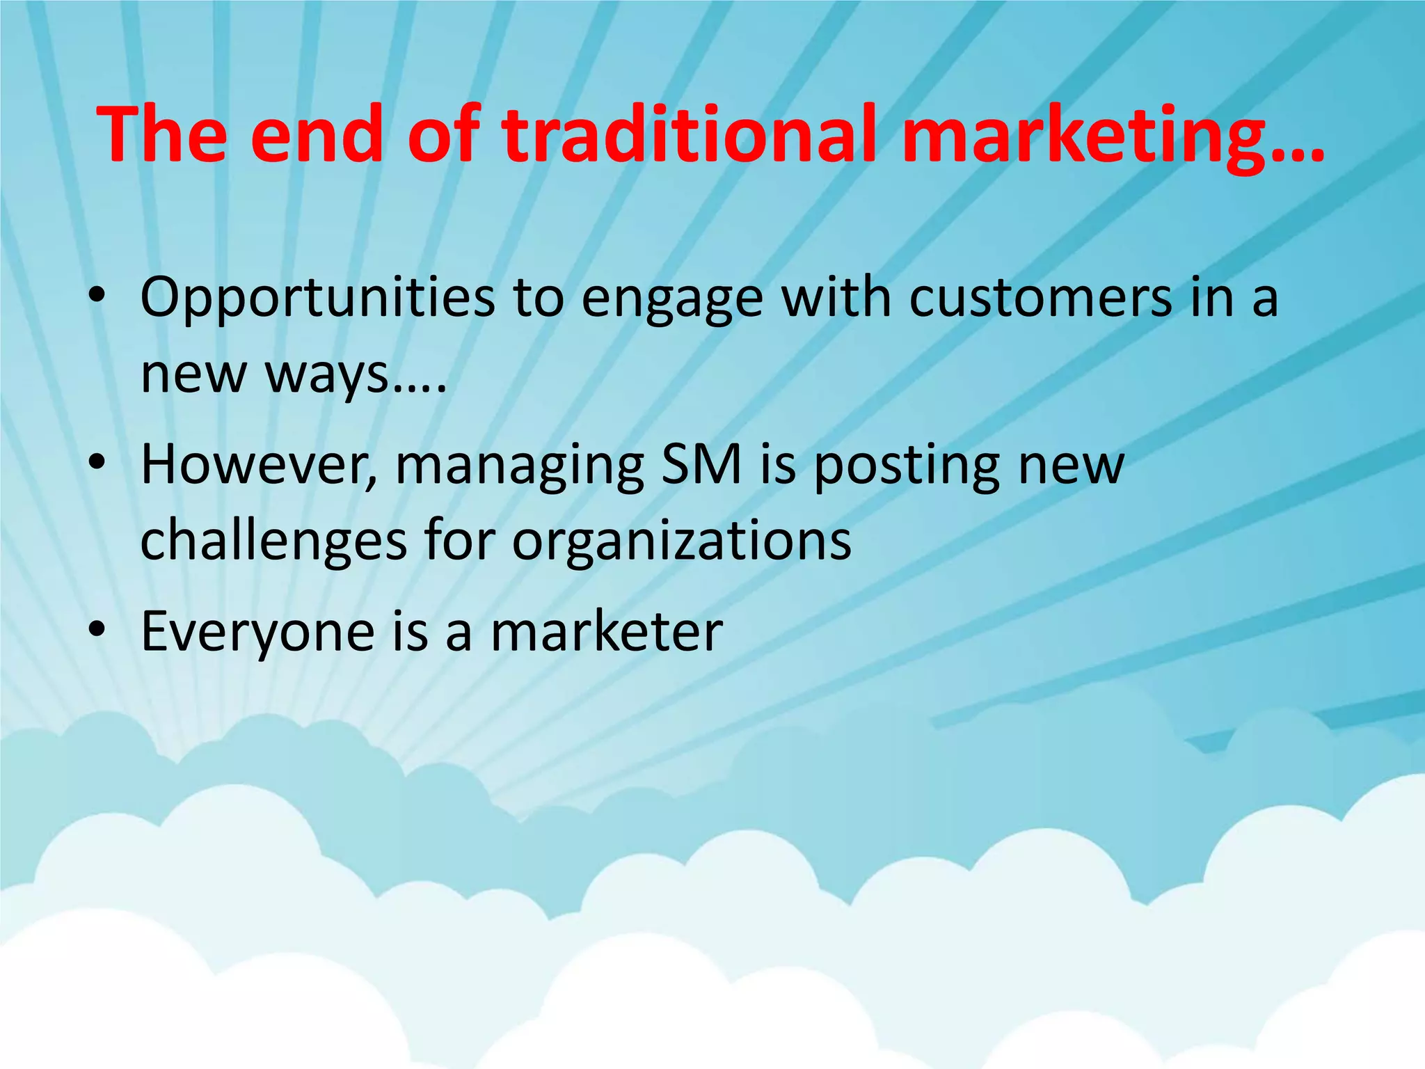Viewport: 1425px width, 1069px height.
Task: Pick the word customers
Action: click(1040, 298)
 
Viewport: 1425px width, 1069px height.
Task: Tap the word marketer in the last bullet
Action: click(606, 631)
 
